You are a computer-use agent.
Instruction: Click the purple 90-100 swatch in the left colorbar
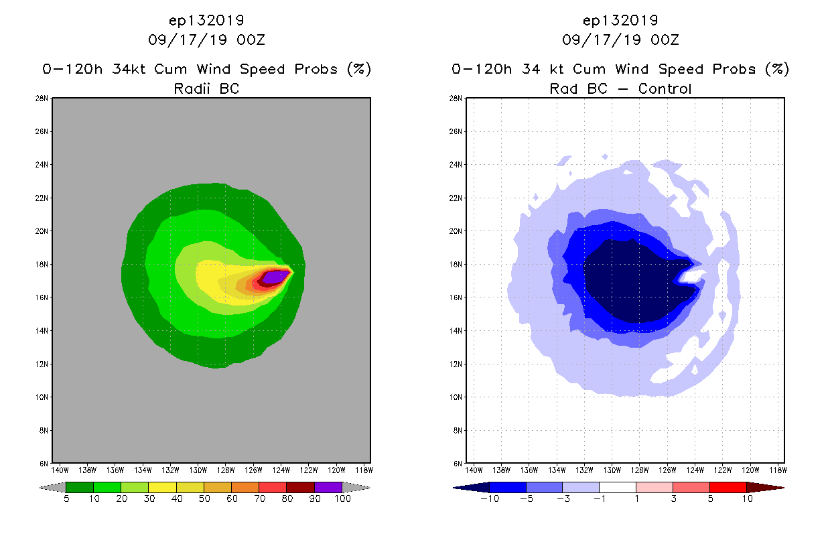328,487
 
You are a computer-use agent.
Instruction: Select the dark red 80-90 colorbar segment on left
300,487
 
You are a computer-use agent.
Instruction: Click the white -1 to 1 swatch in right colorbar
617,487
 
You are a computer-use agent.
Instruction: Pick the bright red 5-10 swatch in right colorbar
728,487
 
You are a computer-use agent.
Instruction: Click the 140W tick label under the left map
60,470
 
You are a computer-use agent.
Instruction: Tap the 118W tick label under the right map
778,470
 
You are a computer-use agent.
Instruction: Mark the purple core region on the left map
275,276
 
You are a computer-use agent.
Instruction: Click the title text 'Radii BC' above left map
206,88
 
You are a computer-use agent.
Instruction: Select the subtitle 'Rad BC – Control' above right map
620,88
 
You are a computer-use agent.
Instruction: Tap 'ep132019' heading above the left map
206,21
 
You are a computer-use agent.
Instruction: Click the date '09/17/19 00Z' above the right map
620,40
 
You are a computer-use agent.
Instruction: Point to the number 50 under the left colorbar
204,498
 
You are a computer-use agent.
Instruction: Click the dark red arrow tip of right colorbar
774,487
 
